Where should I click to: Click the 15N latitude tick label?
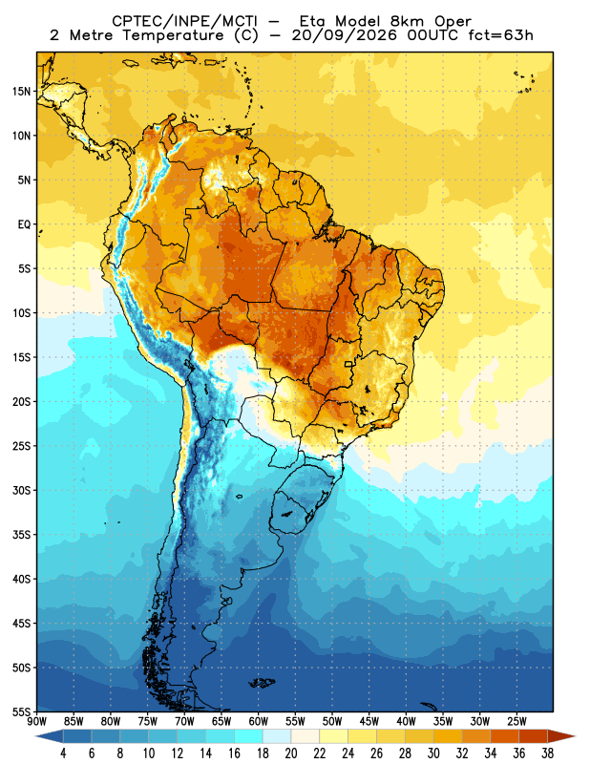click(21, 91)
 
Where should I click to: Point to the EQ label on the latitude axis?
click(25, 224)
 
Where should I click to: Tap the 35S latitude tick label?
click(21, 535)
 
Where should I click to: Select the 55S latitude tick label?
click(21, 711)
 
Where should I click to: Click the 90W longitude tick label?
click(36, 721)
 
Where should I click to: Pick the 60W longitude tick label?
click(258, 721)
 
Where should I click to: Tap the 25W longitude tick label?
click(516, 721)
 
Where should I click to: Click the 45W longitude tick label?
click(369, 721)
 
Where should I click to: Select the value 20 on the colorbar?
click(291, 753)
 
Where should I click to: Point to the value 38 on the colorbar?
click(547, 753)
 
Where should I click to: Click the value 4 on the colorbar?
click(63, 753)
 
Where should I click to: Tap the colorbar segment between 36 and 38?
click(533, 736)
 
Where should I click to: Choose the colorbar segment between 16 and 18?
click(248, 736)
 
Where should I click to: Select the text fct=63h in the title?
click(501, 35)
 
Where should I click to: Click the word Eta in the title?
click(315, 21)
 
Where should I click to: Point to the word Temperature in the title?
click(173, 35)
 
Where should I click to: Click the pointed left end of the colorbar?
click(36, 736)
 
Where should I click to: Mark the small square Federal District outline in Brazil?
click(348, 364)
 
